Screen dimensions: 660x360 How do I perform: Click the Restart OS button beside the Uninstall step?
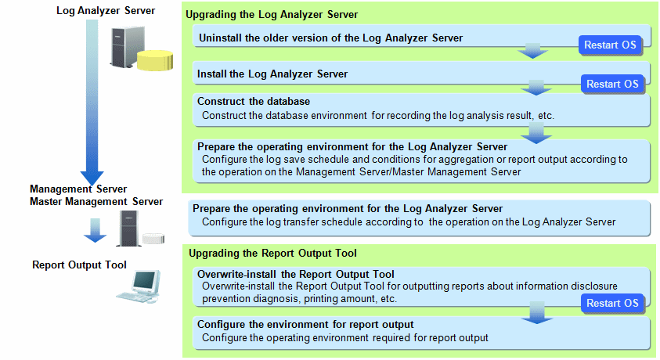(x=610, y=45)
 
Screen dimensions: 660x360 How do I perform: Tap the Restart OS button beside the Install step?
(x=612, y=84)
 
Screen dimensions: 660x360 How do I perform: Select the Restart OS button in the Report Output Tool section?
(x=612, y=303)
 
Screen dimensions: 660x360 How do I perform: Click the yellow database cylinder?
(x=155, y=60)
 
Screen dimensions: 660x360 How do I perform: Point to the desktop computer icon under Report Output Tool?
(x=139, y=286)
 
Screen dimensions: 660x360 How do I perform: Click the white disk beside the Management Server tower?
(x=153, y=239)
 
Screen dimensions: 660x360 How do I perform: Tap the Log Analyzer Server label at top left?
(x=106, y=10)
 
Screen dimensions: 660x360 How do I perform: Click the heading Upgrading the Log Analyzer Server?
(x=272, y=15)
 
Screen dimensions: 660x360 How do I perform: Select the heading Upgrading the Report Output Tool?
(x=272, y=254)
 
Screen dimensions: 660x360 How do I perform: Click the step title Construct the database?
(x=254, y=102)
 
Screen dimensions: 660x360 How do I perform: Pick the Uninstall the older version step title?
(x=330, y=38)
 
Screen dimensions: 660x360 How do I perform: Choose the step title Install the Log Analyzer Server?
(x=272, y=74)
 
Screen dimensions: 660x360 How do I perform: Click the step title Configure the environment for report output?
(x=305, y=325)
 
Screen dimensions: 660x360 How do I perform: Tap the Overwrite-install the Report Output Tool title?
(x=295, y=274)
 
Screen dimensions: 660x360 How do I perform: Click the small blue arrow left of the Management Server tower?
(x=96, y=230)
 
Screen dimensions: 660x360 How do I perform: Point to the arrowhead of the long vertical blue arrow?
(x=92, y=184)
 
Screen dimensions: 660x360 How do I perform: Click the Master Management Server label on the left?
(x=96, y=202)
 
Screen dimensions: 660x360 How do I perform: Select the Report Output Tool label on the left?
(x=79, y=265)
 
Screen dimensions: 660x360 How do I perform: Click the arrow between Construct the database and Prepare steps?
(x=536, y=132)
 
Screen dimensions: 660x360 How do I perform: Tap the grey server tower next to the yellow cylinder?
(x=126, y=46)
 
